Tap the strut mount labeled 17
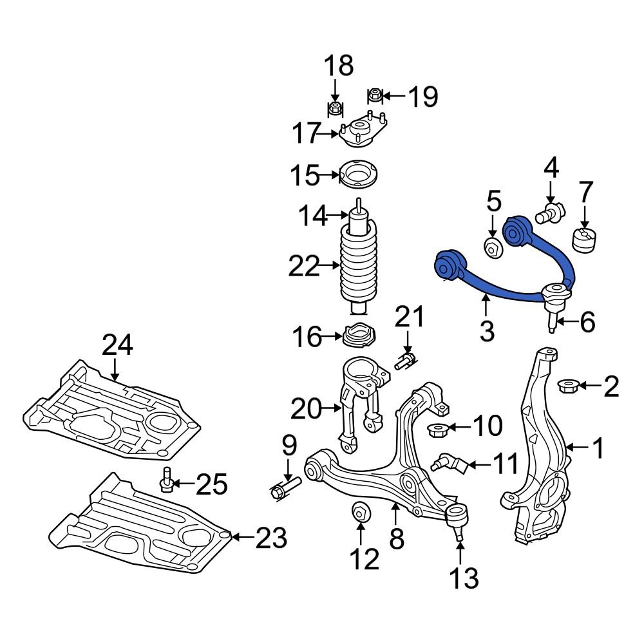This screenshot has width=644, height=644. tap(362, 132)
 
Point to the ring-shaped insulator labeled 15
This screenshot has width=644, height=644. tap(359, 175)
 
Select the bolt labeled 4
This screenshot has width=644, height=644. tap(552, 211)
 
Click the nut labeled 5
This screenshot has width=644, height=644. tap(493, 247)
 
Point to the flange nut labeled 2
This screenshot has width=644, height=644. tap(567, 386)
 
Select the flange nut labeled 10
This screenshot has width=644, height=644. tap(439, 428)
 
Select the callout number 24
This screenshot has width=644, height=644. tap(117, 346)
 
